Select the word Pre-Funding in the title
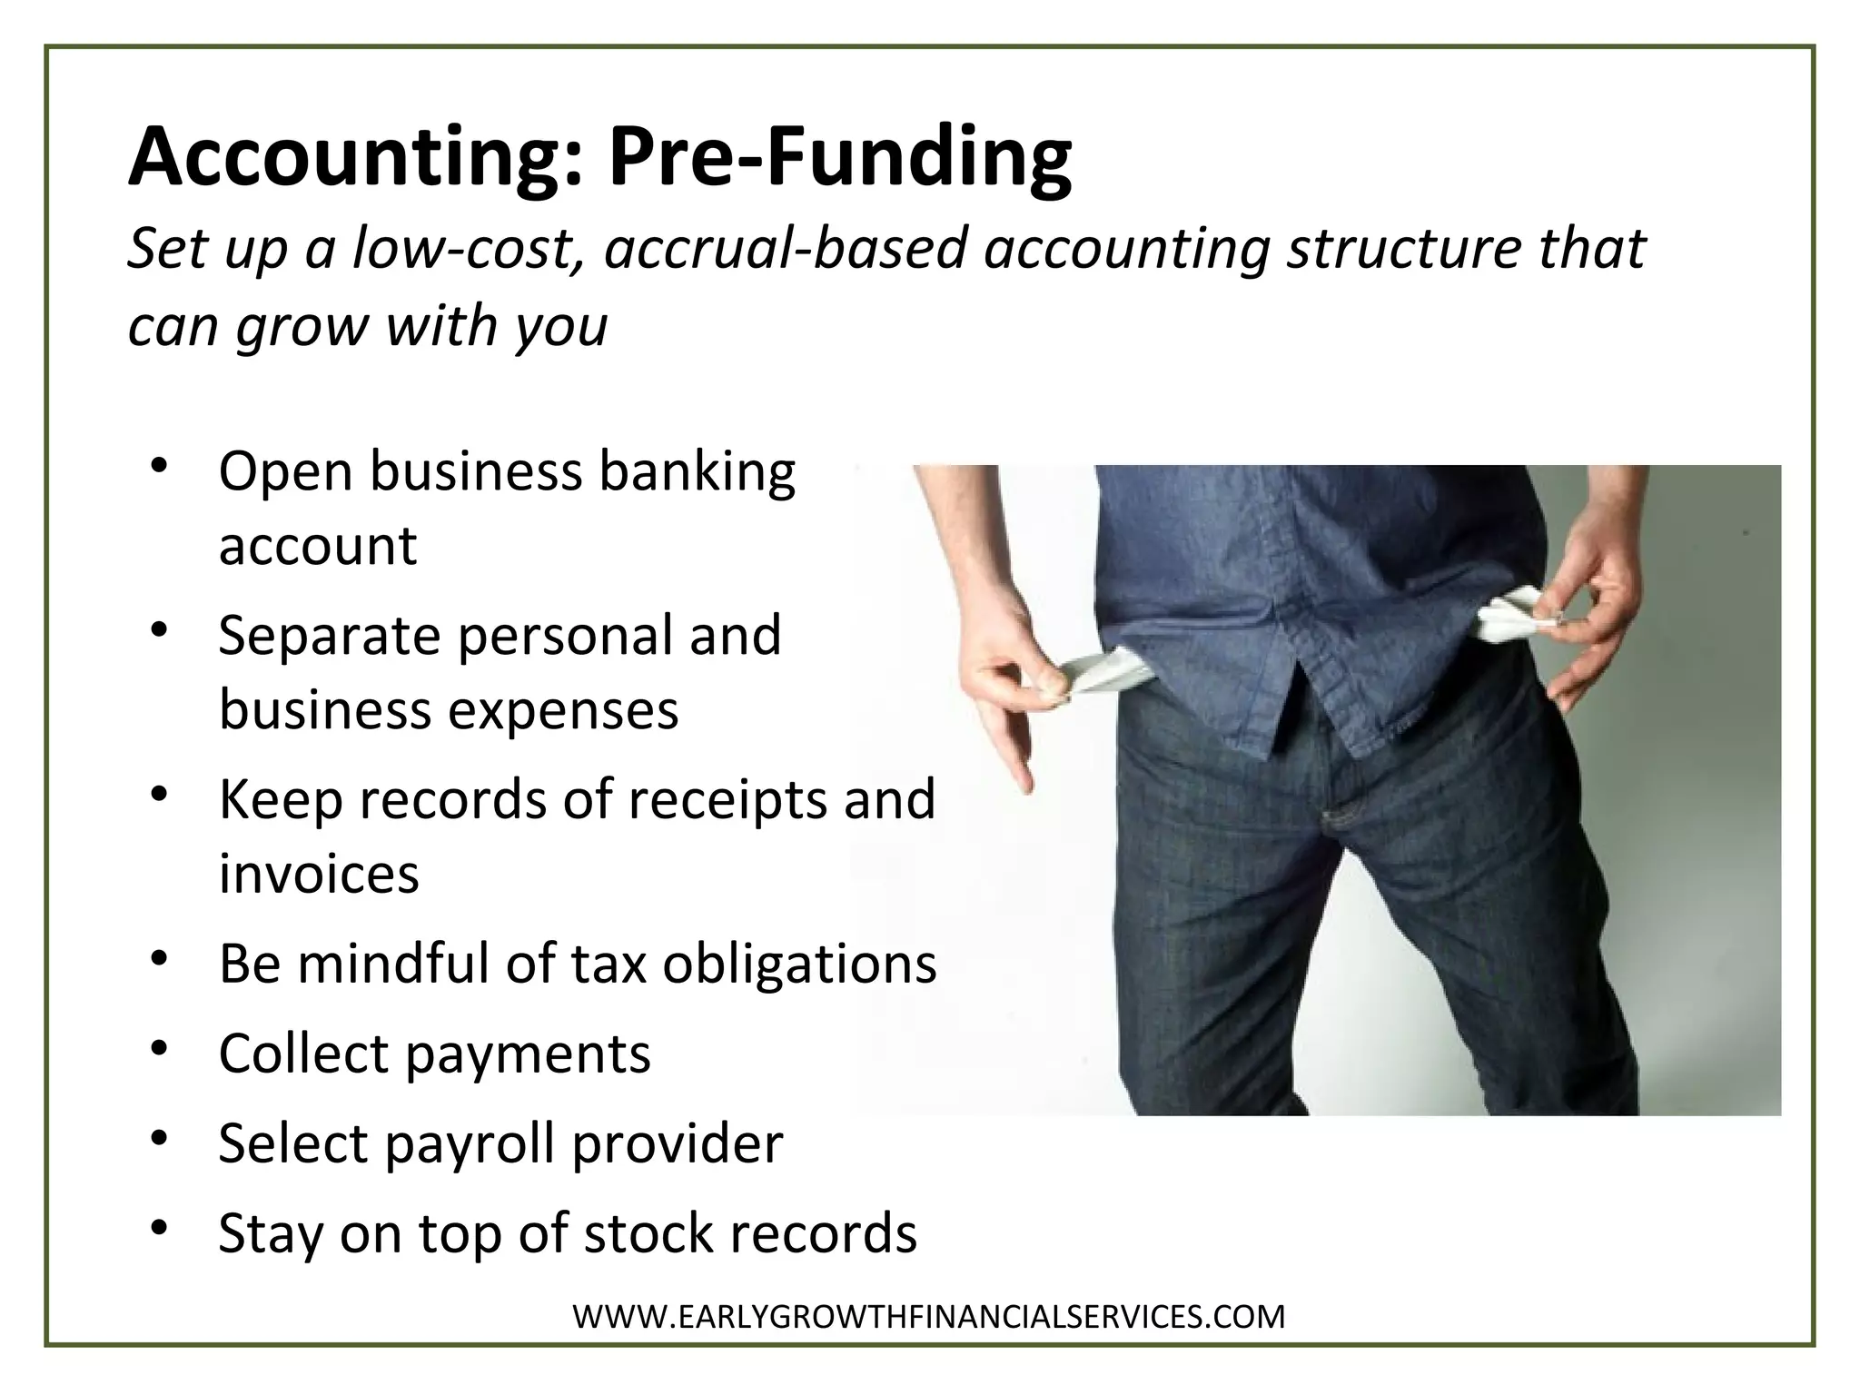pyautogui.click(x=839, y=157)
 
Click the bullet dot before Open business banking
pyautogui.click(x=160, y=467)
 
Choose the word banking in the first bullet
pyautogui.click(x=697, y=474)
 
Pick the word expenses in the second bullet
pyautogui.click(x=563, y=709)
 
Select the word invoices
pyautogui.click(x=319, y=874)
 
